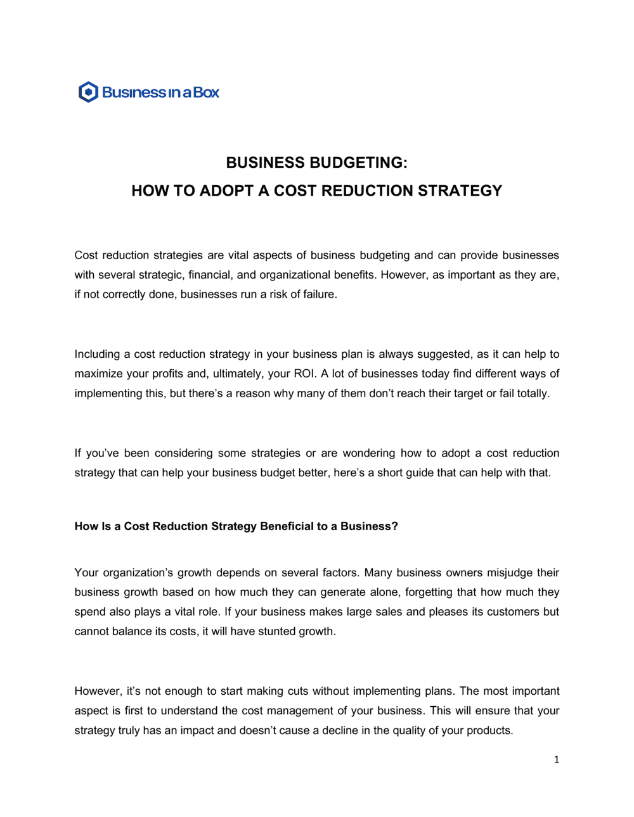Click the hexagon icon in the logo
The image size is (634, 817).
[88, 92]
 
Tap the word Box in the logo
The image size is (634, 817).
[206, 92]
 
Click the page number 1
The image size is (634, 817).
[557, 760]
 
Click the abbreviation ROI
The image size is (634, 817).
[304, 374]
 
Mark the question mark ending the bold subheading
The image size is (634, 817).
[395, 526]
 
